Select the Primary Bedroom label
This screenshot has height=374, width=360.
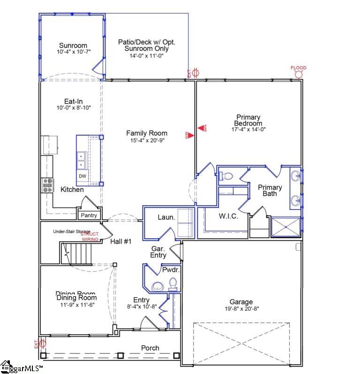click(x=248, y=120)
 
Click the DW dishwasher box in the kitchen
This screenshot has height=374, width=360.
click(x=82, y=176)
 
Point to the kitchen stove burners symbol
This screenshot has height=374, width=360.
click(x=48, y=185)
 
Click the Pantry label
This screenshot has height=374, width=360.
click(x=89, y=215)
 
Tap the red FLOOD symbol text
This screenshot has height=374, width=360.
click(x=298, y=68)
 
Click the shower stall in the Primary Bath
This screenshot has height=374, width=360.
click(x=286, y=228)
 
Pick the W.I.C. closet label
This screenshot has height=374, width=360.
click(x=229, y=216)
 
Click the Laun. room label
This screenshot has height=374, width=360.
click(x=166, y=217)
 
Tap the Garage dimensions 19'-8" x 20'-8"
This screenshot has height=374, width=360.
click(x=241, y=309)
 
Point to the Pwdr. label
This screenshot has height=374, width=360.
click(x=169, y=270)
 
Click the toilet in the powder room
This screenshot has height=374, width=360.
click(x=173, y=284)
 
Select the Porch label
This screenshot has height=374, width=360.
click(x=150, y=348)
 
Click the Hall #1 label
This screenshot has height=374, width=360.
click(x=121, y=241)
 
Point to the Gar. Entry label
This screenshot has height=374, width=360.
click(x=158, y=252)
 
